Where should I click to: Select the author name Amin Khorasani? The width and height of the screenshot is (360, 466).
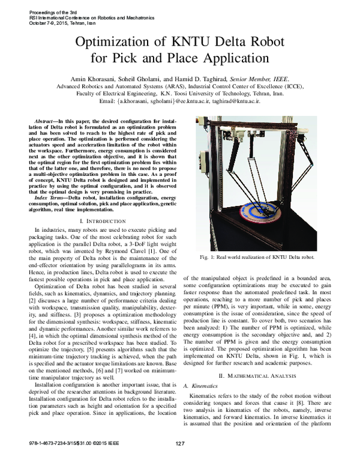click(98, 78)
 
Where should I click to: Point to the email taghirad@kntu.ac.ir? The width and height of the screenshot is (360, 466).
click(235, 101)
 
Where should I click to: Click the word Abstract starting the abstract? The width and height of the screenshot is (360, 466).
click(47, 121)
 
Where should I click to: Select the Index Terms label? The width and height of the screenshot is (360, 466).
click(50, 197)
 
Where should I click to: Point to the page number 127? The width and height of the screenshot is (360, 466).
click(179, 460)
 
